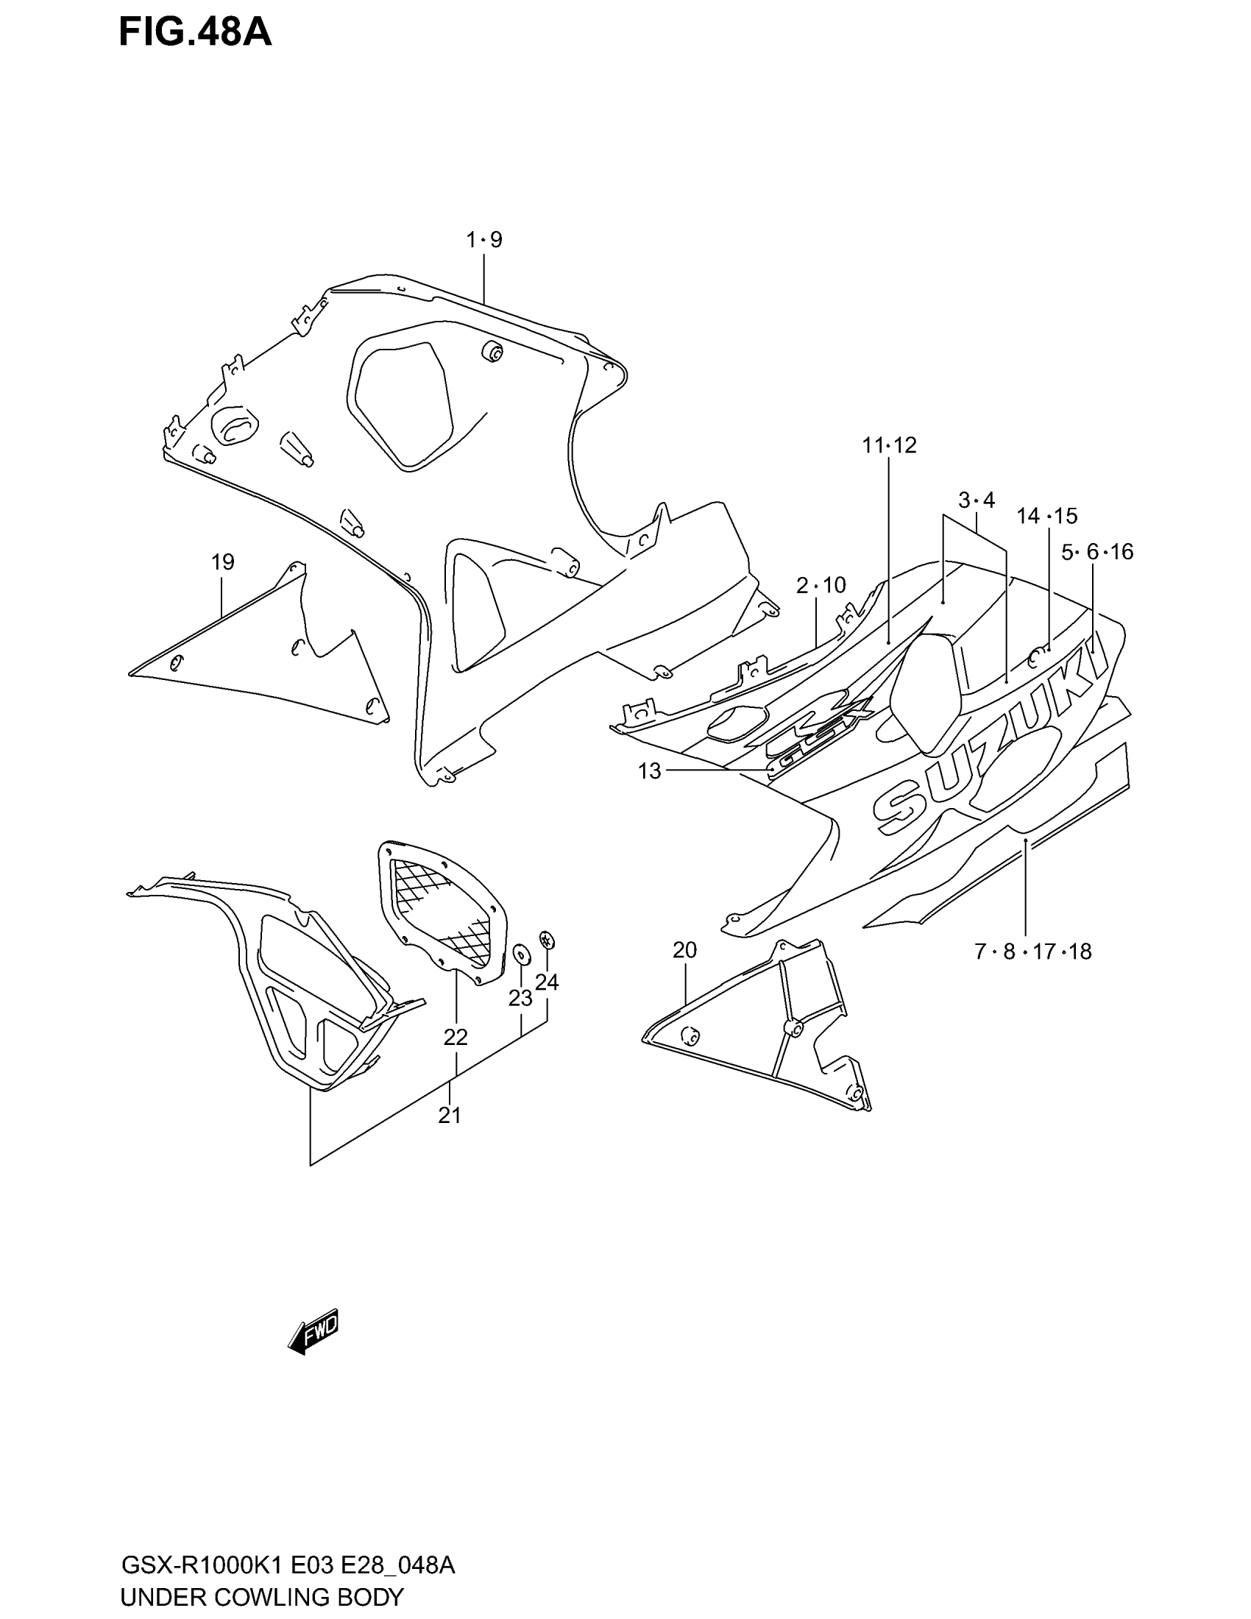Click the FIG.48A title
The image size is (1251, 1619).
pyautogui.click(x=195, y=33)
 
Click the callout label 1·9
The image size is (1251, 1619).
pyautogui.click(x=484, y=239)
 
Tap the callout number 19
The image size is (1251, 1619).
pyautogui.click(x=222, y=562)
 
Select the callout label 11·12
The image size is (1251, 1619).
pyautogui.click(x=890, y=444)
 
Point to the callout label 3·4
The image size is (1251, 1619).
pyautogui.click(x=976, y=500)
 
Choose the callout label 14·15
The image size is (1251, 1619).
pyautogui.click(x=1047, y=516)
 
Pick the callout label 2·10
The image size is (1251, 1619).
pyautogui.click(x=821, y=586)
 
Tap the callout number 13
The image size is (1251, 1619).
pyautogui.click(x=649, y=772)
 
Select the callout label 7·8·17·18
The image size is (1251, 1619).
pyautogui.click(x=1032, y=952)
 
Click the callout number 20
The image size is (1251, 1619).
pyautogui.click(x=685, y=949)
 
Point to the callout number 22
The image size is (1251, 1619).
pyautogui.click(x=455, y=1038)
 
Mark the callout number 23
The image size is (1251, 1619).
pyautogui.click(x=520, y=999)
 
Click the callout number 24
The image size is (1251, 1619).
pyautogui.click(x=547, y=982)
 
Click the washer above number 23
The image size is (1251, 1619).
pyautogui.click(x=520, y=953)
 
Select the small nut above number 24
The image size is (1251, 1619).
pyautogui.click(x=547, y=940)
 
